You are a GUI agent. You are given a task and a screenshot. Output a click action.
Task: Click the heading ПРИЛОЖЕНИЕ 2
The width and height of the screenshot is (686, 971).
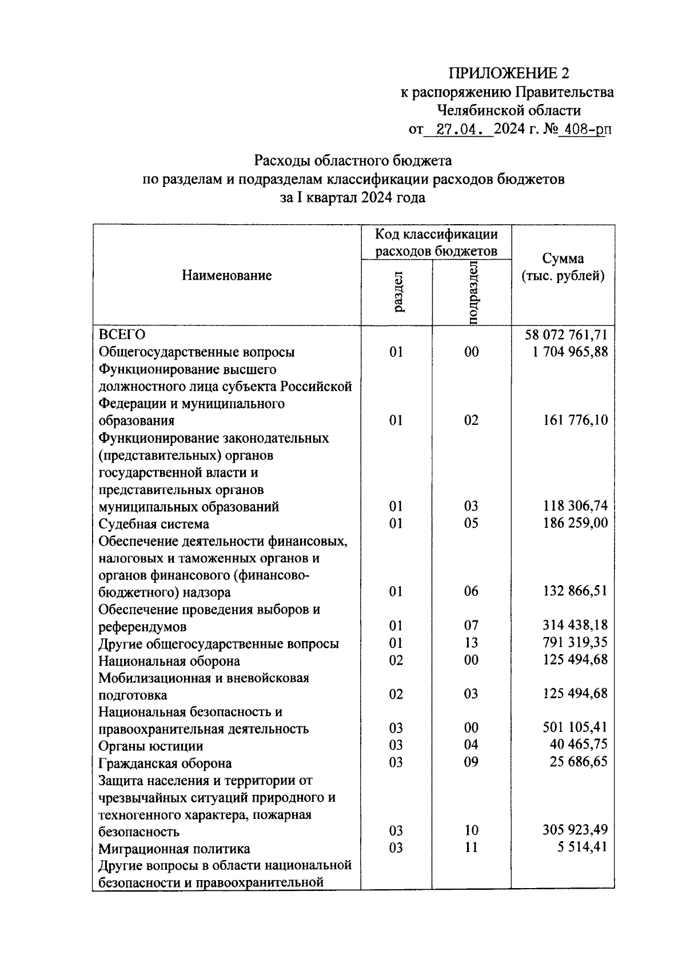509,73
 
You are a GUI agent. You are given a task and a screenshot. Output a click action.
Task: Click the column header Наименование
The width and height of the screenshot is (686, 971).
227,276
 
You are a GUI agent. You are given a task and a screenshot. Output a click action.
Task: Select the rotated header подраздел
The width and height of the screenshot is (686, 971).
472,292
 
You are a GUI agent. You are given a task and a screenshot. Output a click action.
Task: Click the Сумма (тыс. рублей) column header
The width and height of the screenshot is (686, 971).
563,268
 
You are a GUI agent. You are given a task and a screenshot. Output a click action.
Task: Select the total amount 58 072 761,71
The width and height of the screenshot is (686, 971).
566,335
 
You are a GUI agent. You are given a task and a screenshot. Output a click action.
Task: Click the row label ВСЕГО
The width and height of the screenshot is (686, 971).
122,335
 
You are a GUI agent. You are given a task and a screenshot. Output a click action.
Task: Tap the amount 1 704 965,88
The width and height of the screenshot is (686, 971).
569,352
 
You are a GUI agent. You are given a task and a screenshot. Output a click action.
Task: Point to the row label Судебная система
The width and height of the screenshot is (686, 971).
154,524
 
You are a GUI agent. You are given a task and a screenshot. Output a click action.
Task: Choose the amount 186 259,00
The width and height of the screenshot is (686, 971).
575,523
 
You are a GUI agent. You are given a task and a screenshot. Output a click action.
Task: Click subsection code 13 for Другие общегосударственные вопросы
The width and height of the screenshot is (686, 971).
471,643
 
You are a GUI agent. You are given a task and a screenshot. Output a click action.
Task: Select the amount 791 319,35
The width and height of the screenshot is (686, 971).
575,643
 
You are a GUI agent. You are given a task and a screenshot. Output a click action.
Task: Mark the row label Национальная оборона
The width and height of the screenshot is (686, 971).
169,661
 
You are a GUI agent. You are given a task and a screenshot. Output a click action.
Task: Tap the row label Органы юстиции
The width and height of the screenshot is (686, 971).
151,746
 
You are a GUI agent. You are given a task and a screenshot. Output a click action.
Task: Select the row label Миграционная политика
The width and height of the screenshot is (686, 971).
174,849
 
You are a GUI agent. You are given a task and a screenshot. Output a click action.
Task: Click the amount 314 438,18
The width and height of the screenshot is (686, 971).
575,626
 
